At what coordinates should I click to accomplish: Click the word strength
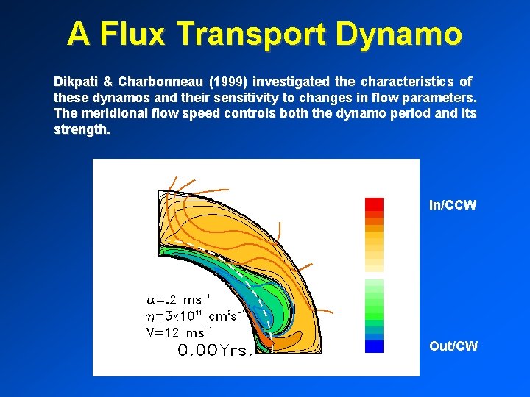[81, 129]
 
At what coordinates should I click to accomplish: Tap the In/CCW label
[453, 205]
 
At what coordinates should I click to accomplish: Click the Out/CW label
[453, 346]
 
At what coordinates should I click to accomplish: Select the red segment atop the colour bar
[375, 204]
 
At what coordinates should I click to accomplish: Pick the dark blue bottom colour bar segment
[375, 346]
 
